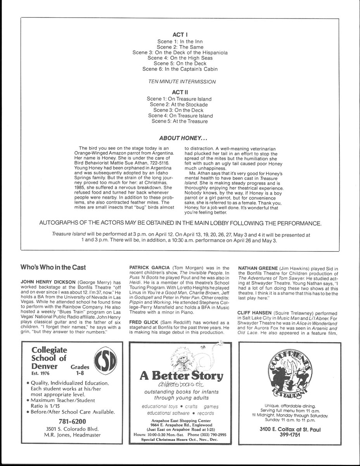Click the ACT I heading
point(180,35)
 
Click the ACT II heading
point(180,93)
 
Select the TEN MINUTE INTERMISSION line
point(180,82)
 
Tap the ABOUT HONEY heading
point(180,137)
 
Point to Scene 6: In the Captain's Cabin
point(180,69)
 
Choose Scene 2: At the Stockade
point(179,104)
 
